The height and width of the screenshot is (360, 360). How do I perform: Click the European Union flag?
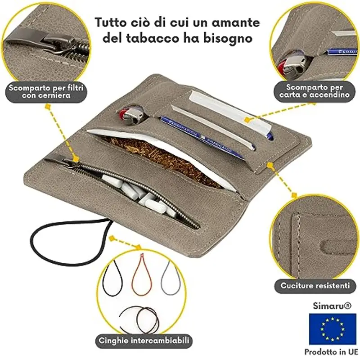point(332,328)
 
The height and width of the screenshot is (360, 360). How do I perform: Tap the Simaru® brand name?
point(332,306)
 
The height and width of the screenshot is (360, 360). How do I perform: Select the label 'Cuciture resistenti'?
point(315,285)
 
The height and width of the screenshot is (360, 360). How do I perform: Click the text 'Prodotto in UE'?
point(332,351)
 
